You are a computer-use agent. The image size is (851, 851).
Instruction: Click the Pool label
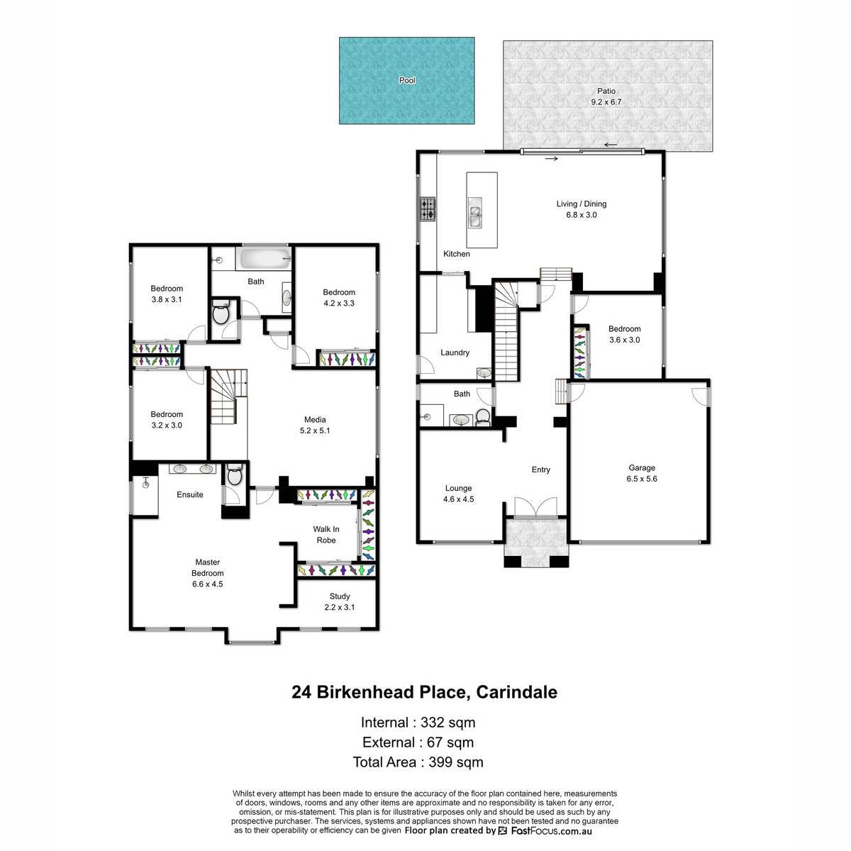pyautogui.click(x=407, y=80)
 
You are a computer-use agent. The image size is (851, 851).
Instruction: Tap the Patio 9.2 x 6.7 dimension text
pyautogui.click(x=606, y=102)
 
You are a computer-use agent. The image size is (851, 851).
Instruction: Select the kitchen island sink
pyautogui.click(x=474, y=213)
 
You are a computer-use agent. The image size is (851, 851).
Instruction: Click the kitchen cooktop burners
pyautogui.click(x=428, y=209)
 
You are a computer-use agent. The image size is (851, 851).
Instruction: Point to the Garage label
pyautogui.click(x=642, y=467)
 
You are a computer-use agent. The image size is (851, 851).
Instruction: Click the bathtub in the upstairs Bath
pyautogui.click(x=264, y=258)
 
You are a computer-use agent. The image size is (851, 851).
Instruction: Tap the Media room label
pyautogui.click(x=315, y=420)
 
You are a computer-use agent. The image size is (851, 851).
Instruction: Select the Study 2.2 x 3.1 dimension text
pyautogui.click(x=339, y=607)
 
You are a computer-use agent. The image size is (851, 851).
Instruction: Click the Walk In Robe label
pyautogui.click(x=326, y=535)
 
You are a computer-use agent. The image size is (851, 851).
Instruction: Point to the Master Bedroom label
pyautogui.click(x=207, y=567)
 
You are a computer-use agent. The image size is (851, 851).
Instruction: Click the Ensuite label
pyautogui.click(x=190, y=494)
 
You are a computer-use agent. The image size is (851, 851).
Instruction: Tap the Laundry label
pyautogui.click(x=455, y=352)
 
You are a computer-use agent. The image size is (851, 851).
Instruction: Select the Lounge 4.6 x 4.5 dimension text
pyautogui.click(x=458, y=499)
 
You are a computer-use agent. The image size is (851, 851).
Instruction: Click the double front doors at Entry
pyautogui.click(x=535, y=507)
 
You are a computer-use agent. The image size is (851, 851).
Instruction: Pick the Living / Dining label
pyautogui.click(x=582, y=204)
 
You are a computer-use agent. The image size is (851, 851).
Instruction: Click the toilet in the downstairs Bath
pyautogui.click(x=483, y=417)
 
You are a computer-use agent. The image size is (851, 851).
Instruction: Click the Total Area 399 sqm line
pyautogui.click(x=418, y=762)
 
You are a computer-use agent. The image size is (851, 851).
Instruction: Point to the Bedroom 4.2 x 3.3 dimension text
pyautogui.click(x=339, y=304)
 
